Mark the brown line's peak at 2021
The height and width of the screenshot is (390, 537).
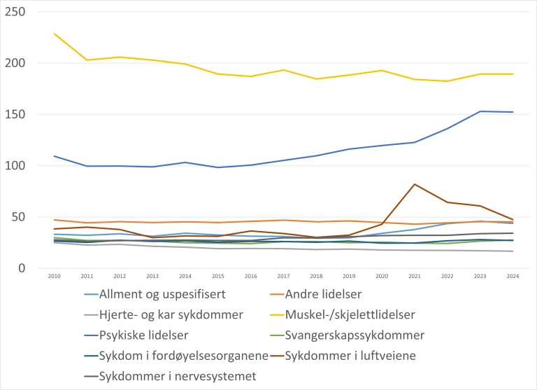pyautogui.click(x=415, y=184)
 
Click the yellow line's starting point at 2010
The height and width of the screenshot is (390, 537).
pyautogui.click(x=54, y=34)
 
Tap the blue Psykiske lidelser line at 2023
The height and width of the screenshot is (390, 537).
pyautogui.click(x=480, y=111)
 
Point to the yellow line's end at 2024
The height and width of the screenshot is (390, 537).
pyautogui.click(x=513, y=74)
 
